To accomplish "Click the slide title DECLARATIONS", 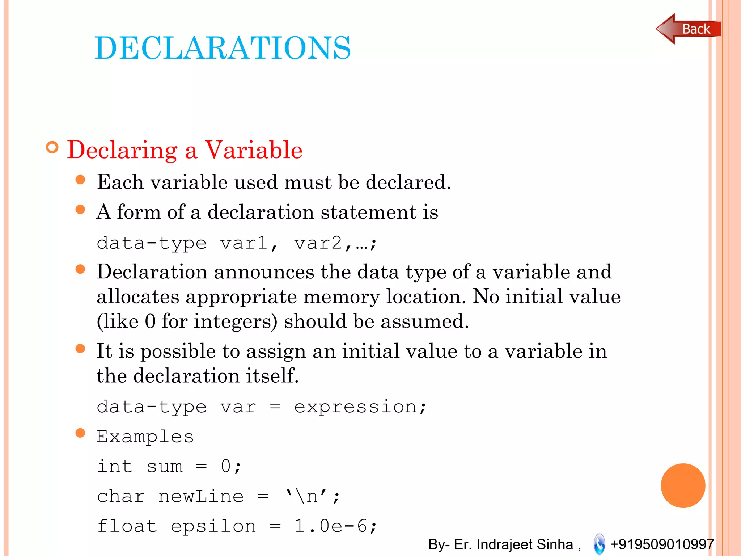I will point(223,48).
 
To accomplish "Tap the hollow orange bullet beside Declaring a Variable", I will point(52,148).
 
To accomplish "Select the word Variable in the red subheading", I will point(254,150).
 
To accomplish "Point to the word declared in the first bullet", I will point(408,182).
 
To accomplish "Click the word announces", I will point(264,272).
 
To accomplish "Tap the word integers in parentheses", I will point(235,321).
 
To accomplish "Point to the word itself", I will point(272,375).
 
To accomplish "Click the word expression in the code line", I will point(355,407).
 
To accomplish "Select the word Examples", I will point(145,437).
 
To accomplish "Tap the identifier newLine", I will point(201,496).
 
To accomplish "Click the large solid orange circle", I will point(683,485).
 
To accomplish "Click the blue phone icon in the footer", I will point(599,544).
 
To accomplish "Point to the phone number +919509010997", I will point(662,544).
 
